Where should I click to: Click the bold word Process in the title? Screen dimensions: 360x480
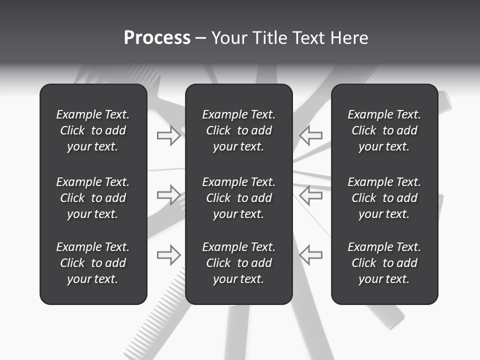157,38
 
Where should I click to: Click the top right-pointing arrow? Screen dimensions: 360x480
168,135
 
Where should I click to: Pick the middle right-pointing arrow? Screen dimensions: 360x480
168,194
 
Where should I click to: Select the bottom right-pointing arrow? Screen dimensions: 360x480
168,254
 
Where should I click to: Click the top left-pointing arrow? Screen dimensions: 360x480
310,135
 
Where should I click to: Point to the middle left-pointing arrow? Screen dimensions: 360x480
310,194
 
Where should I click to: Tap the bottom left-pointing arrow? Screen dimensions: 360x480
310,254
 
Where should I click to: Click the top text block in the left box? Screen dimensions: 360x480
93,130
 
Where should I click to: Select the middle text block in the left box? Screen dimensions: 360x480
93,198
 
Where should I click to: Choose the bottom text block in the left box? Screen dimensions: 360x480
93,263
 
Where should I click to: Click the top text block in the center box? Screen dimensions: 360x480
238,130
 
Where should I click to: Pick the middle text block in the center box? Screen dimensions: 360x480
238,198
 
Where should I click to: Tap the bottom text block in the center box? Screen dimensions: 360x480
238,263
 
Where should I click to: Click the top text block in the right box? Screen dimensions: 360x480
384,130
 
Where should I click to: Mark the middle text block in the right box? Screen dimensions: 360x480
384,198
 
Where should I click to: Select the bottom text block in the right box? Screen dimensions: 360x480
384,263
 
